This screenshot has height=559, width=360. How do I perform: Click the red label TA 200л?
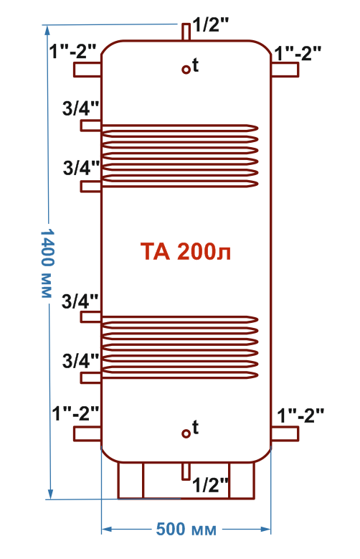coord(185,251)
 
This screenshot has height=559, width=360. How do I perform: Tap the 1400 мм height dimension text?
coord(47,263)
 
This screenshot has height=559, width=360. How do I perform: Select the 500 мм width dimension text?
coord(186,529)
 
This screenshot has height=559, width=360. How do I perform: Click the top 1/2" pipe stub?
coord(186,32)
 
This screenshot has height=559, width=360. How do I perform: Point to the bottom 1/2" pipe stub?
coord(186,471)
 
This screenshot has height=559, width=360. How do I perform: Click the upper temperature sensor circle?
coord(186,69)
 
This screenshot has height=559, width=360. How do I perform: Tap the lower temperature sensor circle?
coord(186,433)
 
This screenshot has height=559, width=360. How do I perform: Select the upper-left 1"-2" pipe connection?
coord(87,70)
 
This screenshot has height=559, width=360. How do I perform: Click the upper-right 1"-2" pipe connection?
coord(285,70)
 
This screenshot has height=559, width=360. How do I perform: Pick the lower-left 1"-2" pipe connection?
coord(87,434)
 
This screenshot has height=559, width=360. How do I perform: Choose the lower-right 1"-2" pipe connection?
coord(285,434)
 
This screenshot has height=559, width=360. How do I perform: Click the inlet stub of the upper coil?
coord(91,126)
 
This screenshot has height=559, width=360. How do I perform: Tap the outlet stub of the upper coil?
coord(91,187)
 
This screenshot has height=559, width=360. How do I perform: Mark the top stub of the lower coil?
coord(91,317)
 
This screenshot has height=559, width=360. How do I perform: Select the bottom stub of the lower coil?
coord(91,378)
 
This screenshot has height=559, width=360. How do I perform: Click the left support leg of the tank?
coord(131,480)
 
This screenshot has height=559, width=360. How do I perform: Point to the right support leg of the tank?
coord(241,480)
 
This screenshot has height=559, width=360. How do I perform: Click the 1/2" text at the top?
coord(210,25)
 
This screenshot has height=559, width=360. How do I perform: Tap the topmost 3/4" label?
coord(80,108)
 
